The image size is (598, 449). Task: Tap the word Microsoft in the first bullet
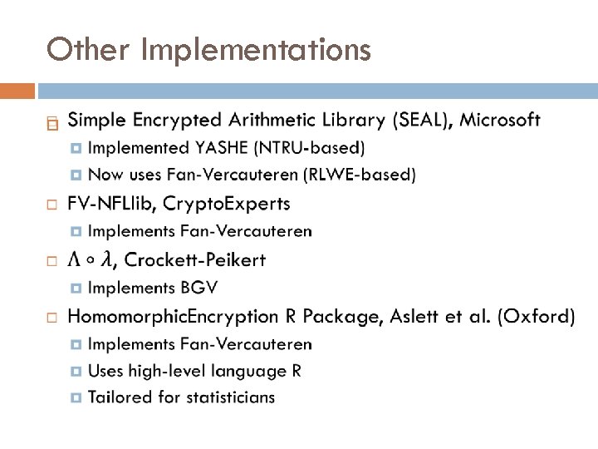pos(500,121)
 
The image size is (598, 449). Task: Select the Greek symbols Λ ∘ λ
pos(91,260)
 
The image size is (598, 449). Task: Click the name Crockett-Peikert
pos(195,260)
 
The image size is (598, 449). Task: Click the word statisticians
pos(228,397)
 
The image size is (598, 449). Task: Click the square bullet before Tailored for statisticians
pos(76,397)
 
